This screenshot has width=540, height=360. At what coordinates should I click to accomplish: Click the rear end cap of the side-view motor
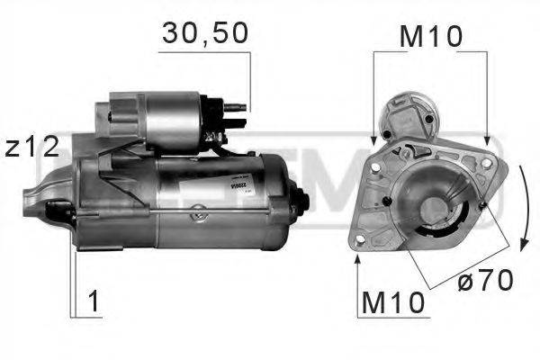[292, 202]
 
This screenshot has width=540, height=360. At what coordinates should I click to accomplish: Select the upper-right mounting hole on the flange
[487, 165]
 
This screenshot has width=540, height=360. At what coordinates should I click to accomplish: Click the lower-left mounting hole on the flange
[361, 241]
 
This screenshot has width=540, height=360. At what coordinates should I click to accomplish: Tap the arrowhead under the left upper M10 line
[373, 140]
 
